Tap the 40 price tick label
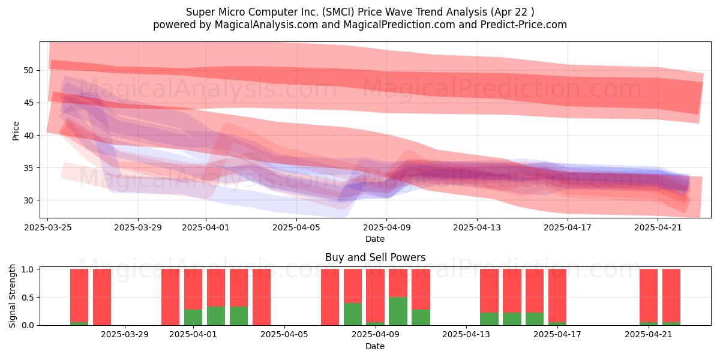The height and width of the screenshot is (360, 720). pos(28,136)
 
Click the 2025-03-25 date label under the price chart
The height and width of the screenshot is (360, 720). pos(48,227)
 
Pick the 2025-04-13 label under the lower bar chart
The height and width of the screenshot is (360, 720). pos(466,335)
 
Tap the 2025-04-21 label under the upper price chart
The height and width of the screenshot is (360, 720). pos(658,227)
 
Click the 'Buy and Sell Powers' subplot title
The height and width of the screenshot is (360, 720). pos(375,257)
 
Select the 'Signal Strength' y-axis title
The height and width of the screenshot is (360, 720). pos(12,296)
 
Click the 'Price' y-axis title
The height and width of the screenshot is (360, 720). pos(16,131)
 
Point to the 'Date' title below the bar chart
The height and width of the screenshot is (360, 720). pos(375,346)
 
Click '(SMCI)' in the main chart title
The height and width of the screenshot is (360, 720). pos(339,12)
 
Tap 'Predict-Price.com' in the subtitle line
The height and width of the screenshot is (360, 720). pos(524,25)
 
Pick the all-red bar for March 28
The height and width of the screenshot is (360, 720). pos(102,297)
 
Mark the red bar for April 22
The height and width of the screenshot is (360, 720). pos(671,296)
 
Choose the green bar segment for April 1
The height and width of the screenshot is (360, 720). pos(193,317)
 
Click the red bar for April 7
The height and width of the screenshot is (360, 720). pos(330,297)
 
